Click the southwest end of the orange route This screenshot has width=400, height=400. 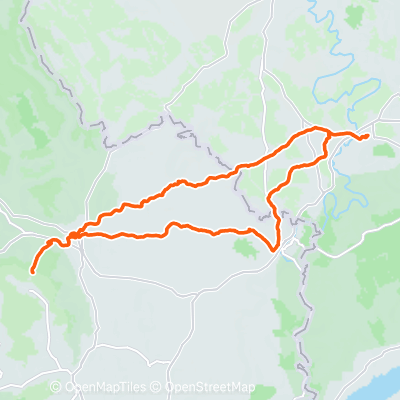pyautogui.click(x=33, y=270)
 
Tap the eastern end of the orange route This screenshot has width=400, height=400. pyautogui.click(x=368, y=135)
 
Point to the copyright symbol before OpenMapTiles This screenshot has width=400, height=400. pyautogui.click(x=56, y=387)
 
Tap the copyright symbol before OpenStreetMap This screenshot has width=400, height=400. pyautogui.click(x=159, y=387)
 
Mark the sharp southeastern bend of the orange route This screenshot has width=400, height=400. pyautogui.click(x=275, y=247)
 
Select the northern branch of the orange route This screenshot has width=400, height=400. pyautogui.click(x=180, y=183)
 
